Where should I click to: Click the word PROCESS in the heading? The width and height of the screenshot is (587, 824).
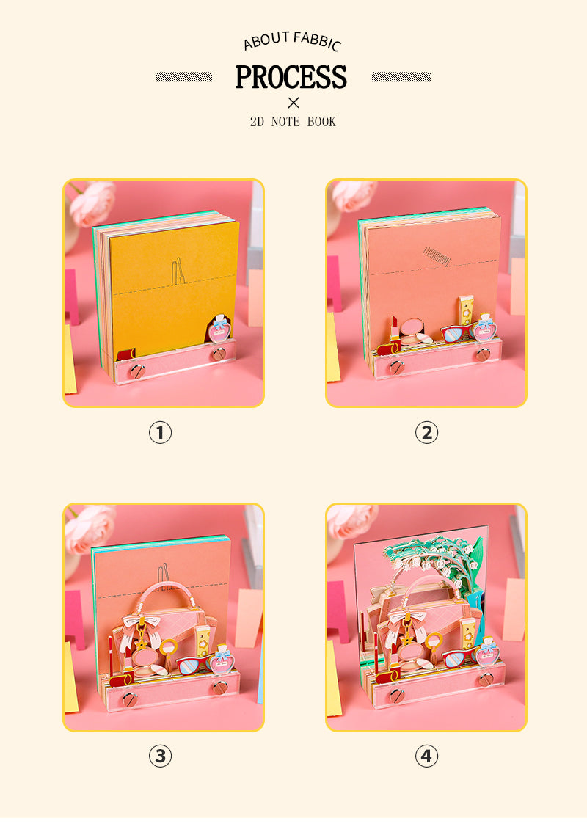(291, 77)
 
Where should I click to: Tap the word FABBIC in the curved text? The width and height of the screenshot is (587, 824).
(318, 41)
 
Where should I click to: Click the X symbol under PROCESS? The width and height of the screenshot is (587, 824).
(293, 103)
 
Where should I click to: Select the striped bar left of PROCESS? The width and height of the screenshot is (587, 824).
(184, 77)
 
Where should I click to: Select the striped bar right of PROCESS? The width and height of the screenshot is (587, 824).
(401, 77)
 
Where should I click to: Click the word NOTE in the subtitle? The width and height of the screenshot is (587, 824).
(285, 122)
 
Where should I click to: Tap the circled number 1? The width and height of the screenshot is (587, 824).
(160, 433)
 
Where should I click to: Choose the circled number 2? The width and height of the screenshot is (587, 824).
(426, 433)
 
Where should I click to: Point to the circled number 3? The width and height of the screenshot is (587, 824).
(160, 756)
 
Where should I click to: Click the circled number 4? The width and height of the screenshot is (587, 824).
(426, 756)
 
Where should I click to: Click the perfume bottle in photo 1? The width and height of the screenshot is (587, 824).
(219, 329)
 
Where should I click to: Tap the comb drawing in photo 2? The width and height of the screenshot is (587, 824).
(436, 256)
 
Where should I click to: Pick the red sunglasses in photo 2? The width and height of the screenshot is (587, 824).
(458, 332)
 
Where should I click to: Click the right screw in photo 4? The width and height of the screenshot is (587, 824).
(486, 679)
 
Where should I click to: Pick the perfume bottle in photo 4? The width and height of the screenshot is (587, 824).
(487, 652)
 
